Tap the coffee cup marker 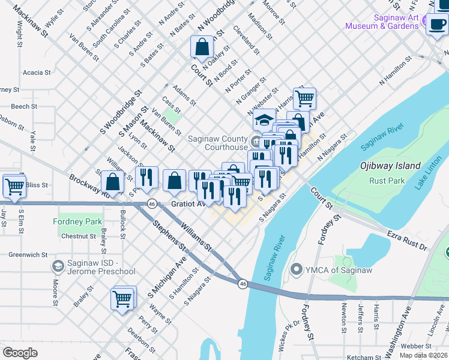436,25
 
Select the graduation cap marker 264,120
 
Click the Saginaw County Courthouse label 217,142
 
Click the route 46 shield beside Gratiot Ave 152,203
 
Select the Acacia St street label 37,73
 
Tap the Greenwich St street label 28,254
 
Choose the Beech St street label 24,106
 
